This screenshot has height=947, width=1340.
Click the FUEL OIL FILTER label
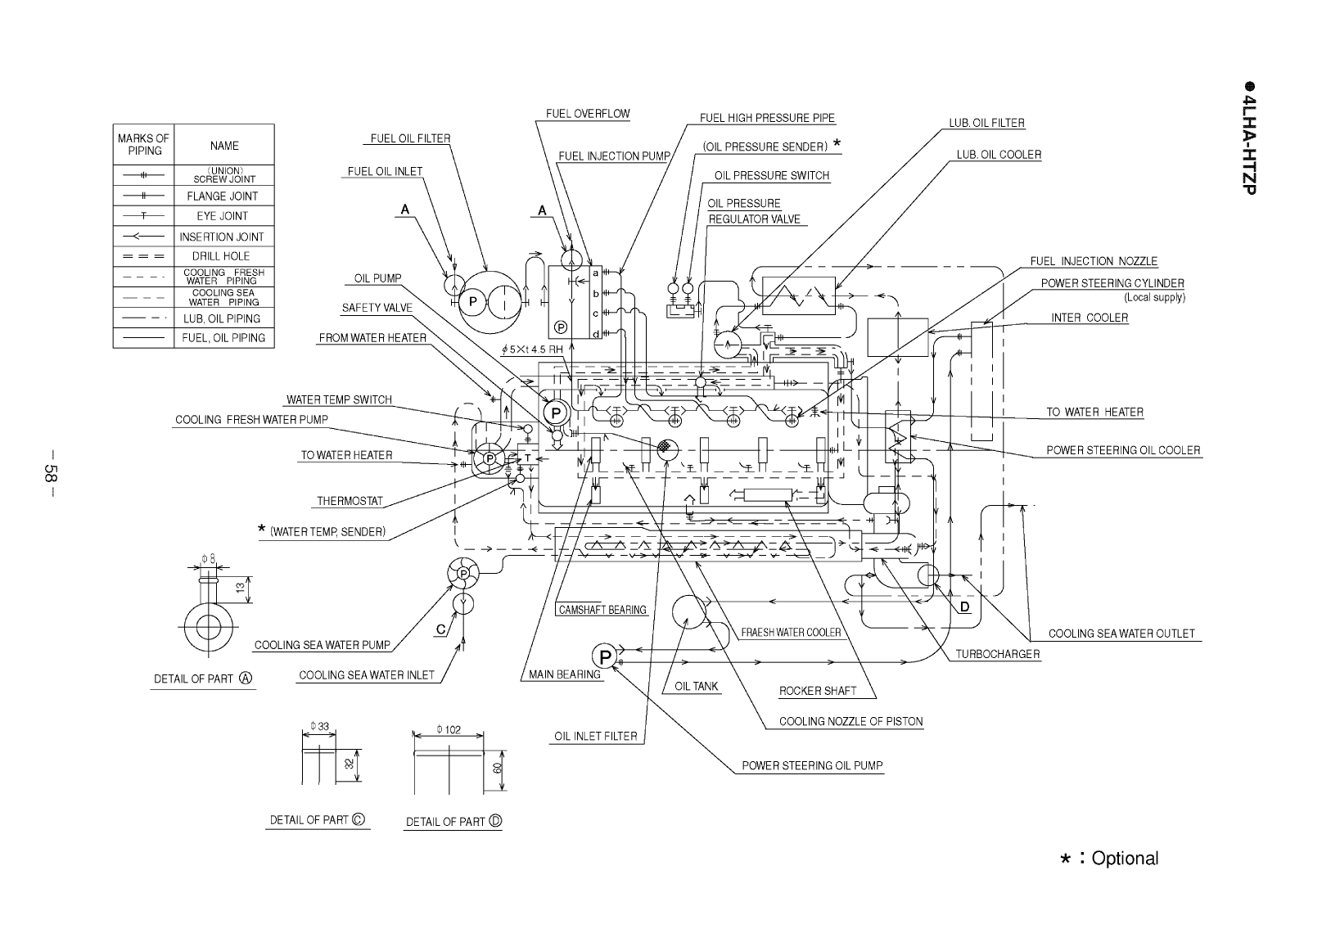click(410, 138)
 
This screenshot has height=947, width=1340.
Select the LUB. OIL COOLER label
click(999, 154)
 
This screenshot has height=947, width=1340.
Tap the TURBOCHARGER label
click(998, 654)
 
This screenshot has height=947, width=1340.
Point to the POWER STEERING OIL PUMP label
click(812, 766)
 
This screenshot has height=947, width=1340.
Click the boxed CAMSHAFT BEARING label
click(602, 610)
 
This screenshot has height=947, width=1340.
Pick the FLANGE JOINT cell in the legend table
click(222, 196)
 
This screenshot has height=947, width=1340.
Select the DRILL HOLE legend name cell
click(221, 256)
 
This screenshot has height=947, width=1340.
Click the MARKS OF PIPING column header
click(143, 145)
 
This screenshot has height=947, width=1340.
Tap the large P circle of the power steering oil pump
click(605, 656)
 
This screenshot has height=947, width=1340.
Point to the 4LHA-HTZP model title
click(1248, 143)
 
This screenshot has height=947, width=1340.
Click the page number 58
click(52, 473)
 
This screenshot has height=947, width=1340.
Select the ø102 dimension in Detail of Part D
click(449, 730)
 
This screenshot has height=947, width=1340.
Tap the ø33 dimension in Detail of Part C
click(319, 727)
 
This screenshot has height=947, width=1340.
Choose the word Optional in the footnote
click(1125, 859)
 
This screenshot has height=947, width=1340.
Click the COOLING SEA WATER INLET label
click(366, 675)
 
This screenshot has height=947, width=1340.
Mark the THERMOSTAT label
click(350, 501)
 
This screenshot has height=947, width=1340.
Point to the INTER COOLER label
click(1089, 318)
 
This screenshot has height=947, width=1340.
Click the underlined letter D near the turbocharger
click(964, 607)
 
